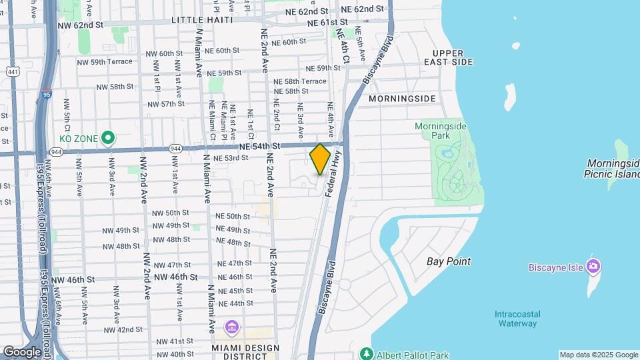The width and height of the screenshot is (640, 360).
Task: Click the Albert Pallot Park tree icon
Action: click(x=365, y=354)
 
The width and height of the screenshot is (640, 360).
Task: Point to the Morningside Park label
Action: click(x=441, y=131)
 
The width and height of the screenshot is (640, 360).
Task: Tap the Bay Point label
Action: click(x=449, y=261)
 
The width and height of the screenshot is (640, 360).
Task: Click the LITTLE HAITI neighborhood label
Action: click(x=202, y=20)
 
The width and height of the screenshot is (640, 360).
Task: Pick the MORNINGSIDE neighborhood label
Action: click(x=402, y=99)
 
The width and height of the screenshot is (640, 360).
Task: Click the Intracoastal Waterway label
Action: click(x=517, y=319)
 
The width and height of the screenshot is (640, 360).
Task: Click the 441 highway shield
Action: click(x=12, y=71)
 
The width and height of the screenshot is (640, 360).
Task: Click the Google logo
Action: click(x=22, y=352)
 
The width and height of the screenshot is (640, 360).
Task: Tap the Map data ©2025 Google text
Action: click(x=598, y=355)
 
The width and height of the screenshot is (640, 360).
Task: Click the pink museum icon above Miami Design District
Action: click(x=231, y=327)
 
